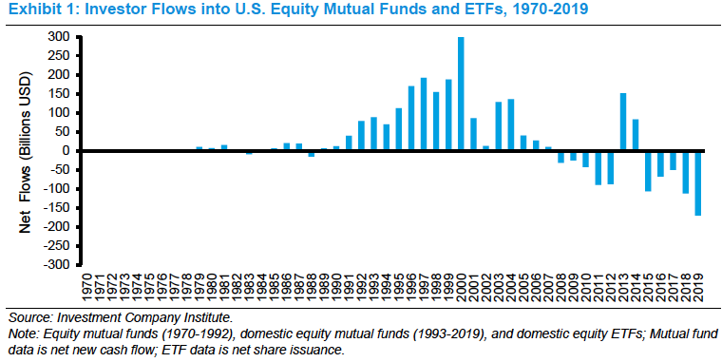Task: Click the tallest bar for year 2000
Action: pyautogui.click(x=461, y=94)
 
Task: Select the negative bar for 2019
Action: pyautogui.click(x=697, y=182)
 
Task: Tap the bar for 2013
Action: pyautogui.click(x=622, y=122)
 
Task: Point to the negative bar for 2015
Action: pyautogui.click(x=647, y=170)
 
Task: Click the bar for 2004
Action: pyautogui.click(x=511, y=124)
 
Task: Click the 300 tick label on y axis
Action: pyautogui.click(x=60, y=37)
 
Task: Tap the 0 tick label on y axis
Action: pyautogui.click(x=67, y=151)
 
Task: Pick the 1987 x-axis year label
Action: pyautogui.click(x=299, y=288)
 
